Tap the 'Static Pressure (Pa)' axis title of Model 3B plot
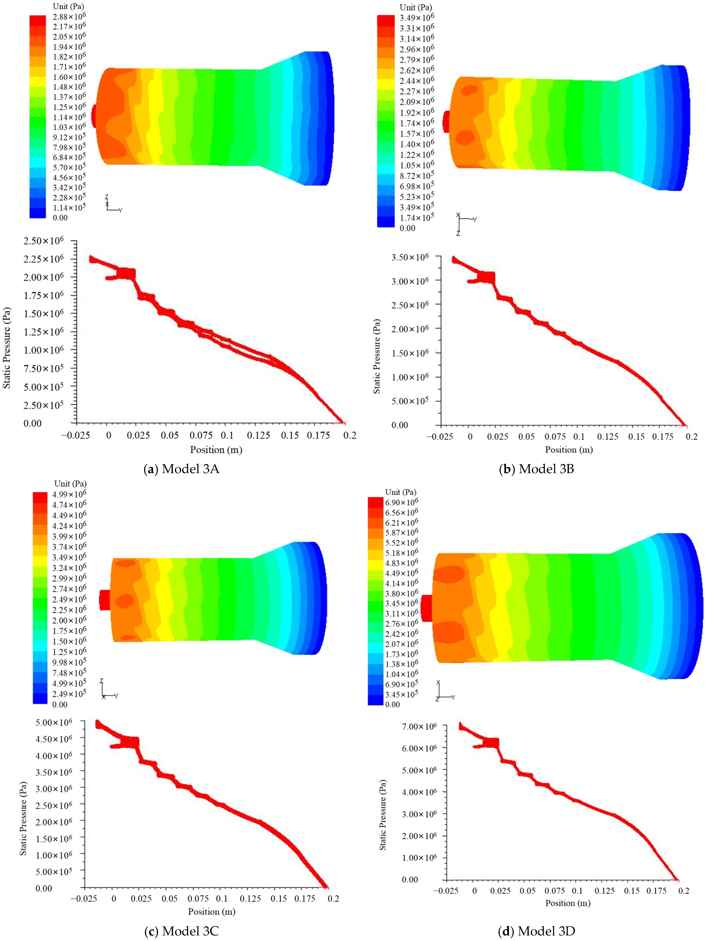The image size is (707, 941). pyautogui.click(x=377, y=356)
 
